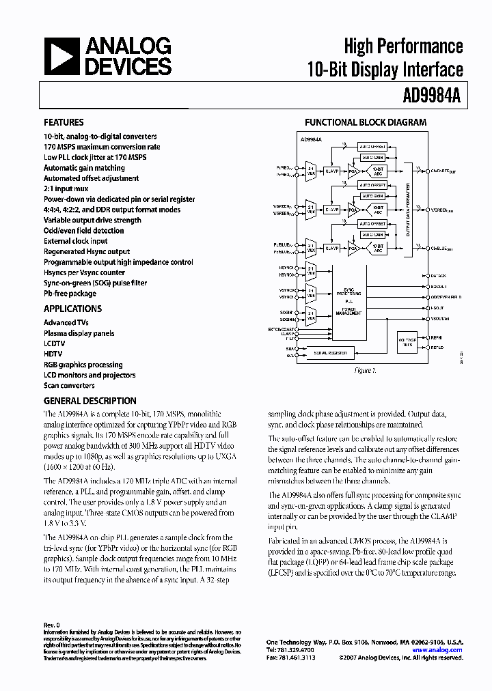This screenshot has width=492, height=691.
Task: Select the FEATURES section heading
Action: [64, 123]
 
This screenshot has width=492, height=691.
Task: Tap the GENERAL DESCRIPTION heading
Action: [90, 401]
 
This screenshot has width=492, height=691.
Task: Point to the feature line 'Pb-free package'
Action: [70, 294]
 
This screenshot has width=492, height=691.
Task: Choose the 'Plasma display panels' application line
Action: [79, 333]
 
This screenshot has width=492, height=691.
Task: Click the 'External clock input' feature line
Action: [75, 241]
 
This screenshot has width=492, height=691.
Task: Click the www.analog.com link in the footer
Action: [437, 650]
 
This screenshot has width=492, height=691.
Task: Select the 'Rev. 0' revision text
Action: [52, 625]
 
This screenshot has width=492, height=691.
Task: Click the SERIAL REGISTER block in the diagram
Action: [330, 353]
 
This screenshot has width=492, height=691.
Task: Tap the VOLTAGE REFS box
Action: [407, 343]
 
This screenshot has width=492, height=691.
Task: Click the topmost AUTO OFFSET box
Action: [372, 147]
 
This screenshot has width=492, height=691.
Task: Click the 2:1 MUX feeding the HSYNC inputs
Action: [311, 270]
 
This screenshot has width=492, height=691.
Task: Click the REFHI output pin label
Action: [436, 337]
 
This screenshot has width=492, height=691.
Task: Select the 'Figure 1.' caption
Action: [364, 371]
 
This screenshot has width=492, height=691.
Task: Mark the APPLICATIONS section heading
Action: [70, 309]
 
